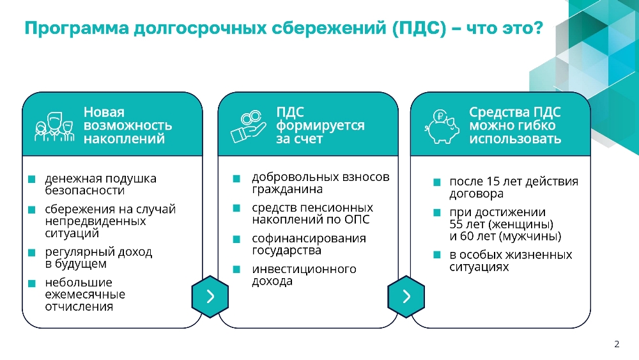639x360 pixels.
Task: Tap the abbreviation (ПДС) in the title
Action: (419, 28)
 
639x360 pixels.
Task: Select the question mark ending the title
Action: (538, 27)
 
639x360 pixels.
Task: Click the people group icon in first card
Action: (54, 127)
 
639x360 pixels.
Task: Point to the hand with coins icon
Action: (248, 127)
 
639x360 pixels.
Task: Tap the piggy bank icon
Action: (442, 127)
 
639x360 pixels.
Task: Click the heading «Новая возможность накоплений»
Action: (128, 125)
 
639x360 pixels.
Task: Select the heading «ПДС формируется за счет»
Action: (320, 125)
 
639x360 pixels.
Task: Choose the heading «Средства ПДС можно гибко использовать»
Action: (515, 125)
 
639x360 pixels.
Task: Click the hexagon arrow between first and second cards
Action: (210, 297)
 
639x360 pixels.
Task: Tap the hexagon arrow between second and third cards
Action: (406, 297)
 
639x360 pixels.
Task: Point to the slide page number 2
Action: (617, 344)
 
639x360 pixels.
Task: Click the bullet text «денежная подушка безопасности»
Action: (101, 184)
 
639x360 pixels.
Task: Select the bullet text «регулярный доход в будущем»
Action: (98, 258)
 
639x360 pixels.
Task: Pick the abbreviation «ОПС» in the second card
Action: (357, 220)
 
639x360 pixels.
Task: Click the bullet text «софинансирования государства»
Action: (309, 244)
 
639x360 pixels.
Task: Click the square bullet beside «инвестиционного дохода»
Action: (236, 269)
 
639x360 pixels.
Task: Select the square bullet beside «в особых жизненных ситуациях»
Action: (437, 254)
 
